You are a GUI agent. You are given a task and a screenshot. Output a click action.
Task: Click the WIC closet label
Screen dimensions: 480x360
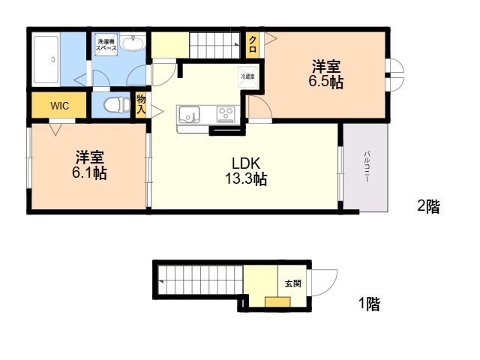point(59,106)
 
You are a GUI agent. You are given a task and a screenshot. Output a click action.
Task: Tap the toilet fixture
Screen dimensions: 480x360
point(117,105)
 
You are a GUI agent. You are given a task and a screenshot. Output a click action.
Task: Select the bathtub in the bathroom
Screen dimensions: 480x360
point(46,59)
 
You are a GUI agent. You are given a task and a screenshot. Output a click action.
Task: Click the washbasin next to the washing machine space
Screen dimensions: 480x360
point(133,42)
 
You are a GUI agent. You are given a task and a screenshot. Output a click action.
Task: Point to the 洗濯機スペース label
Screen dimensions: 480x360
point(106,45)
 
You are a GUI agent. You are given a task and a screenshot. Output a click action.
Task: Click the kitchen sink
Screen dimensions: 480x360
point(189,115)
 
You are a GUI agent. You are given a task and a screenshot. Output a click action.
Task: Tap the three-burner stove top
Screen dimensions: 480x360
point(226,114)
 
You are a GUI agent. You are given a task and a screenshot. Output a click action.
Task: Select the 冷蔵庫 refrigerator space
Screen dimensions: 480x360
point(248,76)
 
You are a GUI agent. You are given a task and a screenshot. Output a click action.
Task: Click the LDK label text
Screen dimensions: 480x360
point(246,163)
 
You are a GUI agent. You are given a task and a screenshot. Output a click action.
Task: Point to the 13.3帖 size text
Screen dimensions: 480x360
point(246,178)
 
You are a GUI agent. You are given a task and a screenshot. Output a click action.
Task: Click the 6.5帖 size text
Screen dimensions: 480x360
point(325,82)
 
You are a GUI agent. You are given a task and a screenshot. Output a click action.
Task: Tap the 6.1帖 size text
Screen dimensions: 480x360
point(89,173)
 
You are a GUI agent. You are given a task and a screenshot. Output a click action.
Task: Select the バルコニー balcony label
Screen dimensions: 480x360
point(367,166)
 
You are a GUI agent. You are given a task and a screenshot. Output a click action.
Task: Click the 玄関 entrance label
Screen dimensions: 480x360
point(293,283)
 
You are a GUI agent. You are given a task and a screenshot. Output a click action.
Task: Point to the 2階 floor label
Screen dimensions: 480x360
point(428,206)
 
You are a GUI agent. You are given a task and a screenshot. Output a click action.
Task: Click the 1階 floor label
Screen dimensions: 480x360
point(370,304)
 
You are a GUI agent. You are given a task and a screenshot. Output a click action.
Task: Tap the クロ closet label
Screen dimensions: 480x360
point(253,44)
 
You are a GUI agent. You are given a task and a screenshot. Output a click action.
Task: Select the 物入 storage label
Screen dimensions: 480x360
point(141,104)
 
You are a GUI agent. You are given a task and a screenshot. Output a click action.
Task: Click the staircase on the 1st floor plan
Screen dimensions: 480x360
point(201,280)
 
